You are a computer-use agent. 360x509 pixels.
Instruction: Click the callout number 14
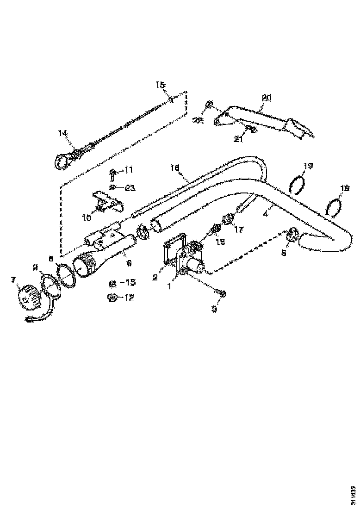click(63, 133)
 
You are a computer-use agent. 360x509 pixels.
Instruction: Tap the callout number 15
click(160, 85)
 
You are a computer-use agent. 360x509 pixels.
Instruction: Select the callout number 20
click(267, 98)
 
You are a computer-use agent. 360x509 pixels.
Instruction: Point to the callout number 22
click(199, 120)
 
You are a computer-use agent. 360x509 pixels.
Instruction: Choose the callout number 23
click(130, 188)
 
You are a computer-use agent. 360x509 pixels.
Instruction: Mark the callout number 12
click(128, 297)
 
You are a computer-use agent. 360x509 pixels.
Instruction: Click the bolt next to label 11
click(113, 174)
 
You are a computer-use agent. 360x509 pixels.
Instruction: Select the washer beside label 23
click(113, 187)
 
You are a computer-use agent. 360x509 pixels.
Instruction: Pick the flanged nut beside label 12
click(111, 297)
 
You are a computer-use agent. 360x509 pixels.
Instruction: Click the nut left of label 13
click(112, 283)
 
